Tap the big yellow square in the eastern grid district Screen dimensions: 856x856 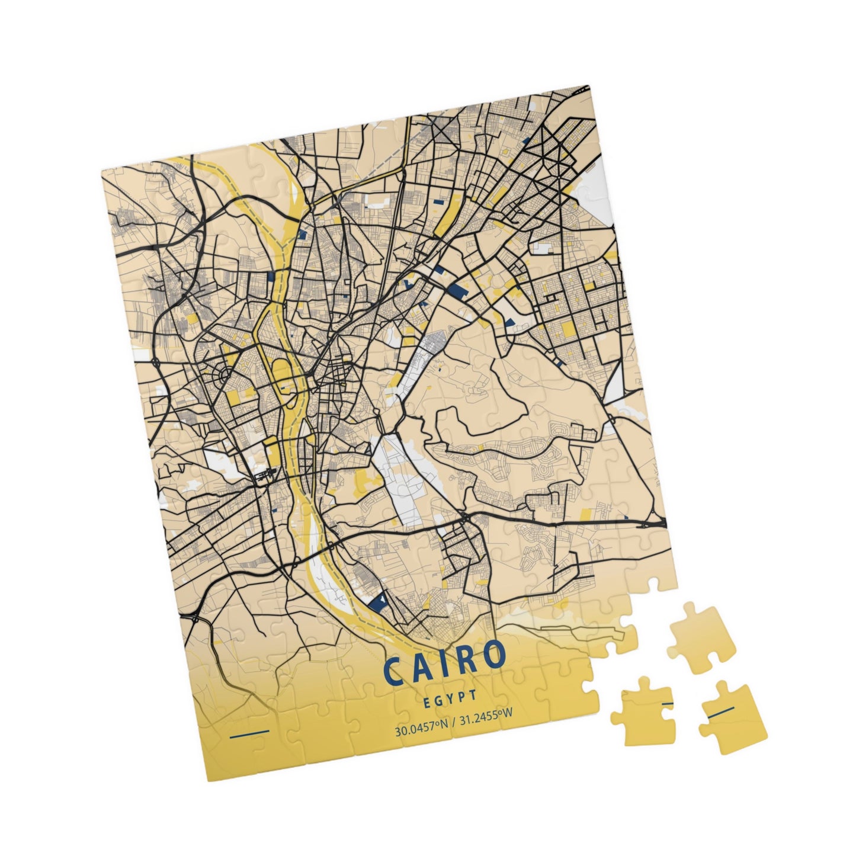pos(567,329)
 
